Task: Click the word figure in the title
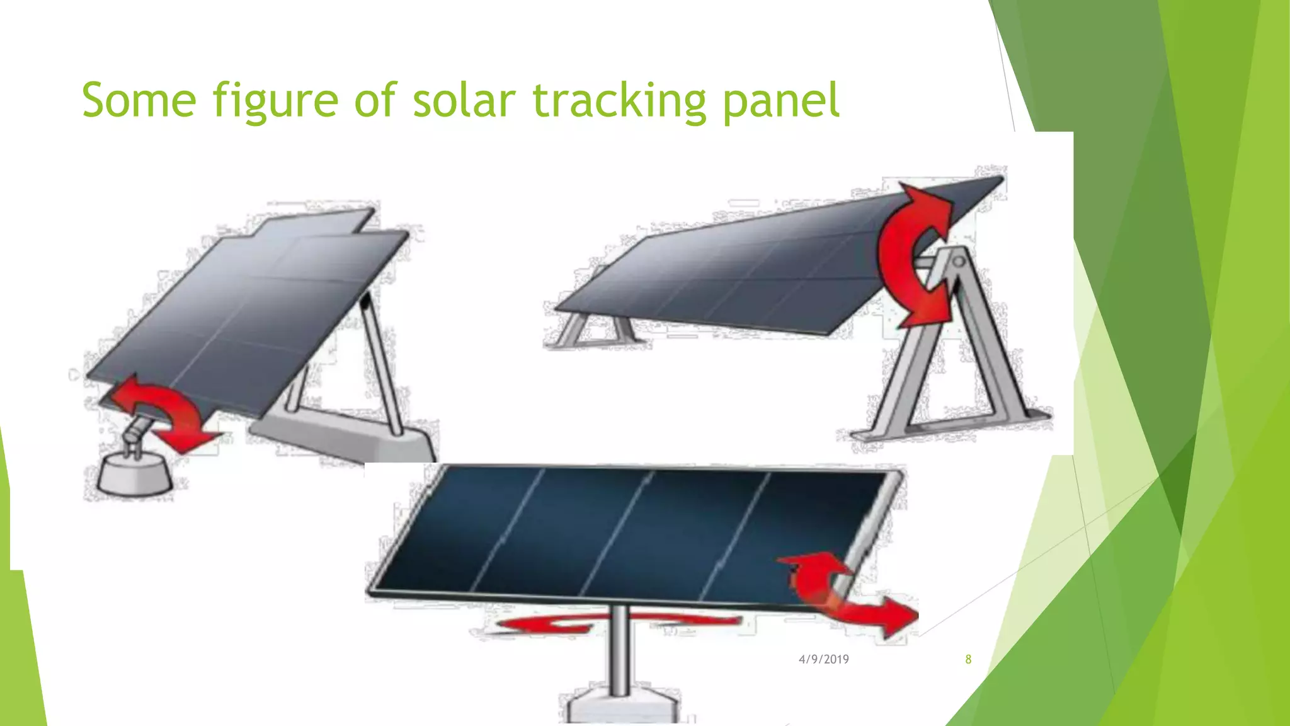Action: pyautogui.click(x=275, y=101)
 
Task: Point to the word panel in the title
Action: pyautogui.click(x=781, y=101)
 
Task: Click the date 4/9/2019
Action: pyautogui.click(x=823, y=659)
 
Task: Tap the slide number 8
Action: pyautogui.click(x=968, y=659)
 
